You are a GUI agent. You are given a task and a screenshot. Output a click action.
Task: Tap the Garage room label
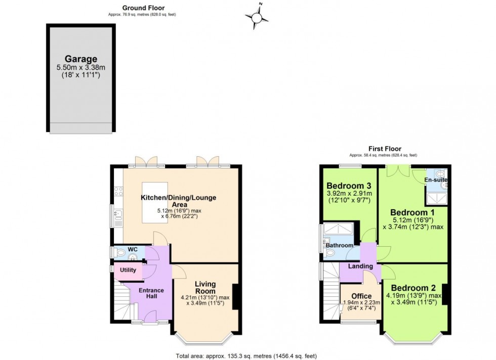pyautogui.click(x=80, y=59)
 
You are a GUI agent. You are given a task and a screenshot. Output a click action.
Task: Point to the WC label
pyautogui.click(x=133, y=249)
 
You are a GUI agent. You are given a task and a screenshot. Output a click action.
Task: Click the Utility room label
pyautogui.click(x=128, y=270)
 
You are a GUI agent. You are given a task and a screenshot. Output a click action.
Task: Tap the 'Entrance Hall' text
pyautogui.click(x=151, y=293)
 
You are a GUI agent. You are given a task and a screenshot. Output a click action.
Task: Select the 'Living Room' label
pyautogui.click(x=205, y=288)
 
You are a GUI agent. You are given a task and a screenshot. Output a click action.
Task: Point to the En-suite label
pyautogui.click(x=436, y=180)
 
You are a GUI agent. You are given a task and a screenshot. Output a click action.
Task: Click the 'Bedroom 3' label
pyautogui.click(x=349, y=185)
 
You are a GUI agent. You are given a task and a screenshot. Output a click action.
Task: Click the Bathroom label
pyautogui.click(x=339, y=245)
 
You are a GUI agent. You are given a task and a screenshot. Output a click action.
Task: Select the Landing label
pyautogui.click(x=360, y=266)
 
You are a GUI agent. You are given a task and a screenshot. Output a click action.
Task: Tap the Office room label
pyautogui.click(x=361, y=296)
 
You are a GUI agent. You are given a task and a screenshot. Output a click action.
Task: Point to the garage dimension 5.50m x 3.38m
pyautogui.click(x=81, y=68)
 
